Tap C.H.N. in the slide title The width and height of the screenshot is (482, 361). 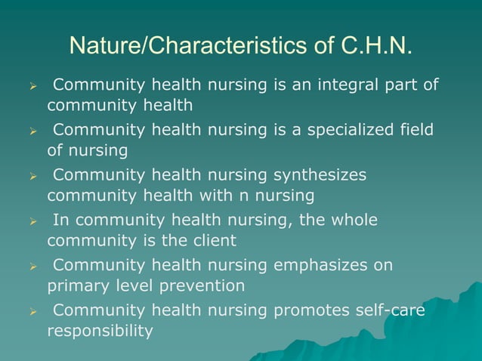click(375, 46)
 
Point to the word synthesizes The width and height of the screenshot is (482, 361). click(318, 175)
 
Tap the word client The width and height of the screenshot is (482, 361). click(214, 241)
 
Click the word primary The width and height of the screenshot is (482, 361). click(77, 286)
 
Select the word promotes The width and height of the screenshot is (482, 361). click(307, 310)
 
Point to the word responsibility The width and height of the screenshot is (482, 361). click(100, 331)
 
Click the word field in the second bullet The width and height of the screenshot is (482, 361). click(416, 130)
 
